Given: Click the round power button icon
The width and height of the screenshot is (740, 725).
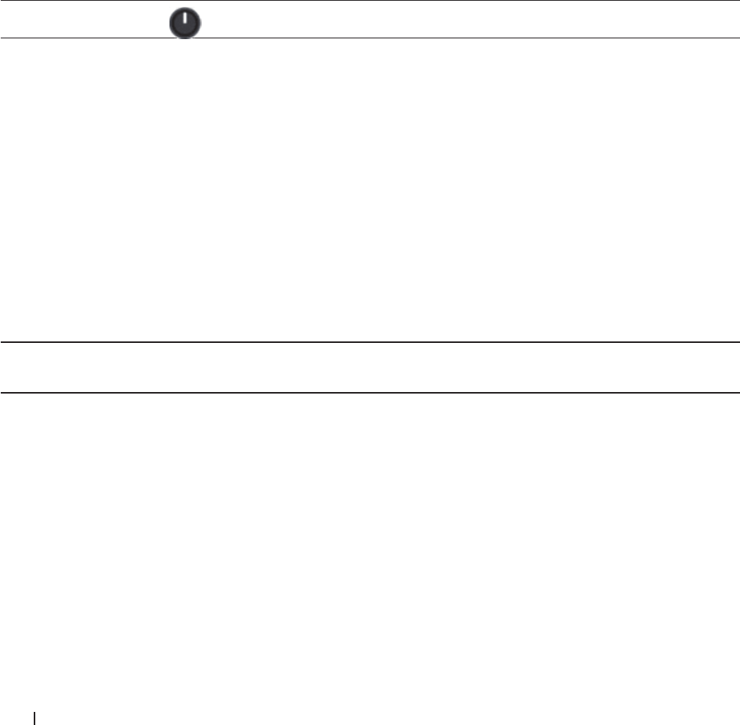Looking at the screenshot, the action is tap(184, 24).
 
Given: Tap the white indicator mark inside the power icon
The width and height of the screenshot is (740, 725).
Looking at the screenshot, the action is tap(184, 19).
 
